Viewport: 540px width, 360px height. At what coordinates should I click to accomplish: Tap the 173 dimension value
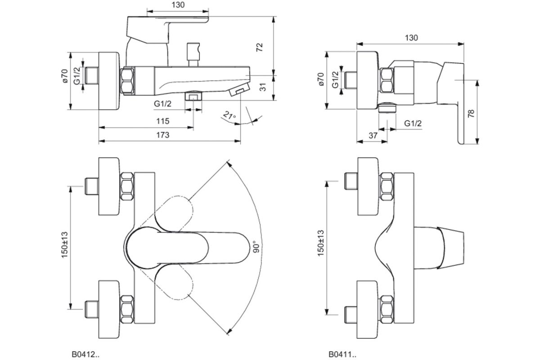pyautogui.click(x=163, y=135)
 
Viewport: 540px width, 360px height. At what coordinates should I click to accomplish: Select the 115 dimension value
pyautogui.click(x=162, y=121)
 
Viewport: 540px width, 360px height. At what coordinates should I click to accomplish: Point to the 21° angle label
pyautogui.click(x=229, y=117)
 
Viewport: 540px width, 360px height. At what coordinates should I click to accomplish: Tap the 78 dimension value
pyautogui.click(x=471, y=112)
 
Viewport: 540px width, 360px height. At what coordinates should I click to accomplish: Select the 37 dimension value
pyautogui.click(x=373, y=135)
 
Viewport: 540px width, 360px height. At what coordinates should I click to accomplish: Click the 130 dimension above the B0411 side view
pyautogui.click(x=411, y=38)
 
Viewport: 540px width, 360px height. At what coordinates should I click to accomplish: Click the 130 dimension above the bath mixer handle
pyautogui.click(x=178, y=5)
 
